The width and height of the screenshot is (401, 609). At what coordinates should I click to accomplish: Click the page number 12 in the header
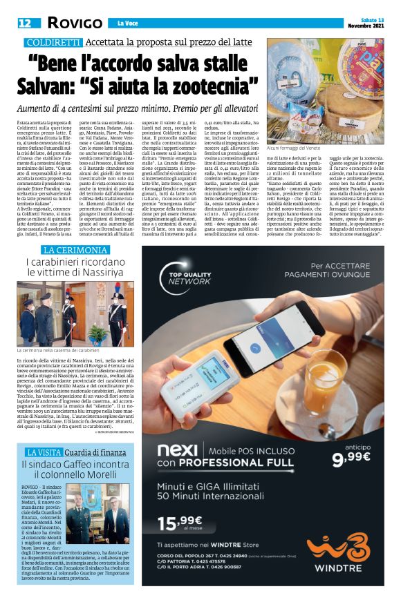24,23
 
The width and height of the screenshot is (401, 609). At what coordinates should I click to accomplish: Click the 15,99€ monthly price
189,525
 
